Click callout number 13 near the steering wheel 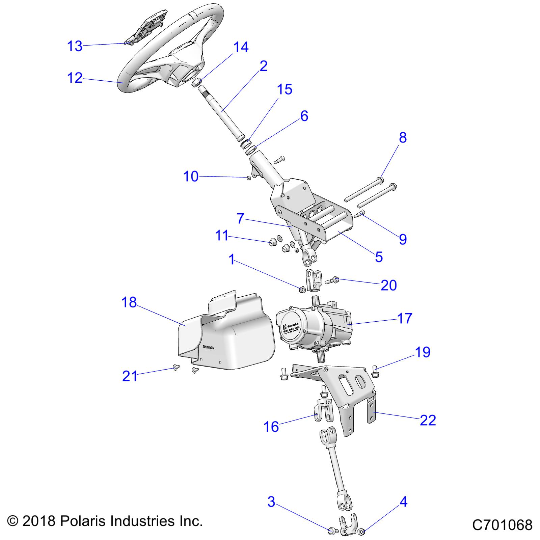pos(75,46)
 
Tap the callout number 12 pos(75,78)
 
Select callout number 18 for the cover pos(129,302)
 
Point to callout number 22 pos(428,420)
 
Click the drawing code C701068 pos(502,525)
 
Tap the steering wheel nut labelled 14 pos(197,82)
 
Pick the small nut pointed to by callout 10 pos(249,178)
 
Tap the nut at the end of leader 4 pos(360,532)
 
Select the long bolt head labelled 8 pos(381,180)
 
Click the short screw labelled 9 pos(361,213)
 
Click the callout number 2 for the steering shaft pos(263,66)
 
